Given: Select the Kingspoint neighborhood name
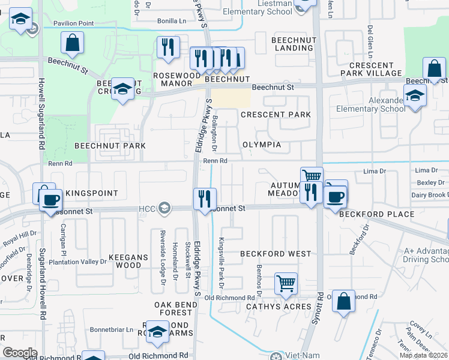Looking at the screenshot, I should [x=91, y=194].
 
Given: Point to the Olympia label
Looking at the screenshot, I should [x=261, y=145].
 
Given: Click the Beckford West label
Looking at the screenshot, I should [x=276, y=254].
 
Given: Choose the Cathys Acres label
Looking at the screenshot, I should [x=279, y=307].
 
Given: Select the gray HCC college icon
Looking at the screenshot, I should [x=163, y=208].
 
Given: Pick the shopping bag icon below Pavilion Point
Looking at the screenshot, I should [x=72, y=43].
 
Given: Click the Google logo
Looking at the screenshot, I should [x=20, y=352].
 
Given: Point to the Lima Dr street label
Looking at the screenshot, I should [x=375, y=171].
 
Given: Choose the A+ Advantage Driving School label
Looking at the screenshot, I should [x=418, y=255].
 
